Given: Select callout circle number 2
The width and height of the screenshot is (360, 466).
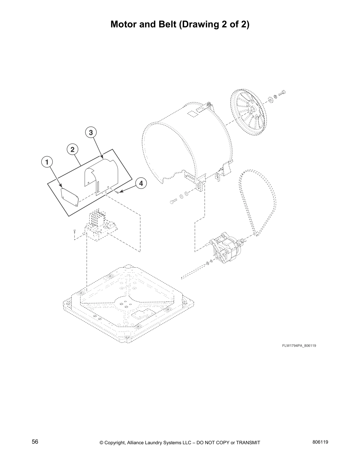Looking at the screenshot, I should [x=72, y=149].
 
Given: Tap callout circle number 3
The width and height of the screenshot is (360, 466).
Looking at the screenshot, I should [x=91, y=133].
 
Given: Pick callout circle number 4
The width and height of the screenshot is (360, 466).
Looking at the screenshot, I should [x=141, y=183].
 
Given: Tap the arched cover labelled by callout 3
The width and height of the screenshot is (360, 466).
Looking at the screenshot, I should [x=101, y=175].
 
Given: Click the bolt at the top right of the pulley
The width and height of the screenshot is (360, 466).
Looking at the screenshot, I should [x=281, y=93].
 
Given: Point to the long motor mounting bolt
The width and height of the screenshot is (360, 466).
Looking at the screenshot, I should [x=194, y=270].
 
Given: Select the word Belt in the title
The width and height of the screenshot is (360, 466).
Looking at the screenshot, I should [x=165, y=24].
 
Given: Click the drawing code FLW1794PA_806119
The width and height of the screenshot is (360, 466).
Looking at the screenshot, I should [x=299, y=345].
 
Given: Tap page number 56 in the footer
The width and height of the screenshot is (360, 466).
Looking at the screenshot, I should [x=35, y=442].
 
